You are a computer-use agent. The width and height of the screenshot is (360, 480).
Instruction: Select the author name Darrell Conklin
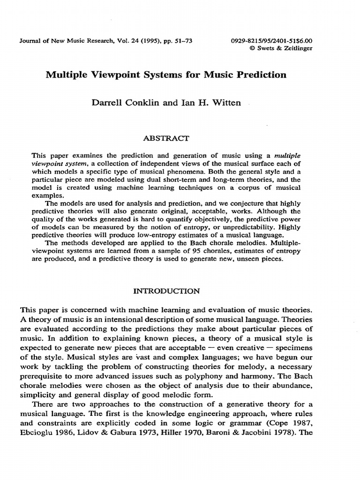pyautogui.click(x=124, y=103)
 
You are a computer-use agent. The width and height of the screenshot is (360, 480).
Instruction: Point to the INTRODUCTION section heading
pyautogui.click(x=167, y=291)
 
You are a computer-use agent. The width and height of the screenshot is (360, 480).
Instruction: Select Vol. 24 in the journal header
pyautogui.click(x=118, y=41)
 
